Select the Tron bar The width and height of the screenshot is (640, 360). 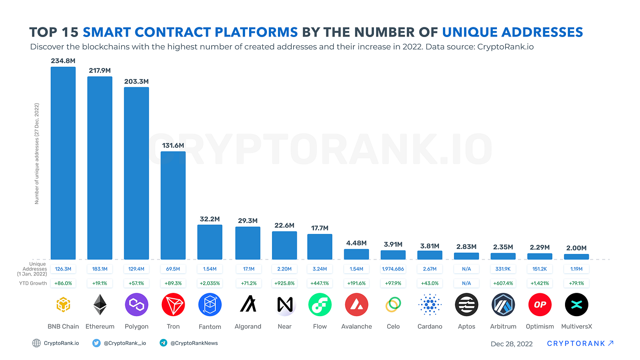pos(173,206)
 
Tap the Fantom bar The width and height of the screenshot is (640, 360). pos(210,242)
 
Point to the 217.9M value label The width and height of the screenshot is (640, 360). pos(100,70)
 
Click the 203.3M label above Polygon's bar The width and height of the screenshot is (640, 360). pos(136,81)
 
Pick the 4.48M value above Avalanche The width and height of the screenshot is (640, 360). pos(357,243)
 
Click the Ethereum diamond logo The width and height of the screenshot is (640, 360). pos(100,305)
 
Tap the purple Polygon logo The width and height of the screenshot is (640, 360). pos(137,305)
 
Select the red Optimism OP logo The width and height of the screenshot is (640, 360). pos(540,305)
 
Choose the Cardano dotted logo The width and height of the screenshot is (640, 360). pos(430,305)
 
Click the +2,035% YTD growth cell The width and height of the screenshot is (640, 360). pos(210,283)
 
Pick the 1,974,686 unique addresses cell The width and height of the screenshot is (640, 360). pos(393,269)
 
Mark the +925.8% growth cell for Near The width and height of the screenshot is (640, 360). pos(284,283)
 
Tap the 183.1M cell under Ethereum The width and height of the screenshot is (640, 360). pos(100,269)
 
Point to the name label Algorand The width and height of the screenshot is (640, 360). pos(248,327)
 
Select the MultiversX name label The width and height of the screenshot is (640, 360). pos(576,327)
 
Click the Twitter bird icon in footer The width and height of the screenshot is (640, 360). pos(96,343)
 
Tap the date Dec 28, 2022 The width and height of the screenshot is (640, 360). pos(512,344)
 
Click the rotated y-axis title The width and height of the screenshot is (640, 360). pos(37,153)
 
